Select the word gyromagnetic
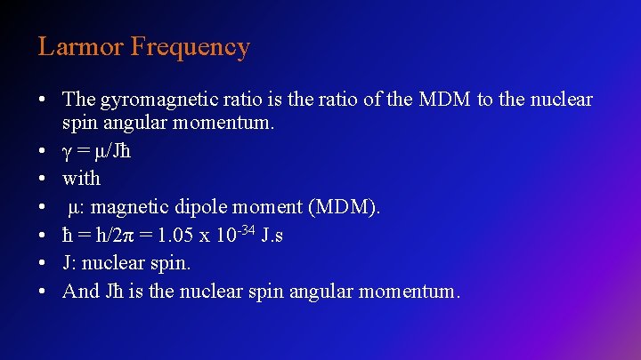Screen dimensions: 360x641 (150, 100)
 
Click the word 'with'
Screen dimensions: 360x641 (81, 178)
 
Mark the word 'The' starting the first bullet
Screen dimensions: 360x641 (79, 100)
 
